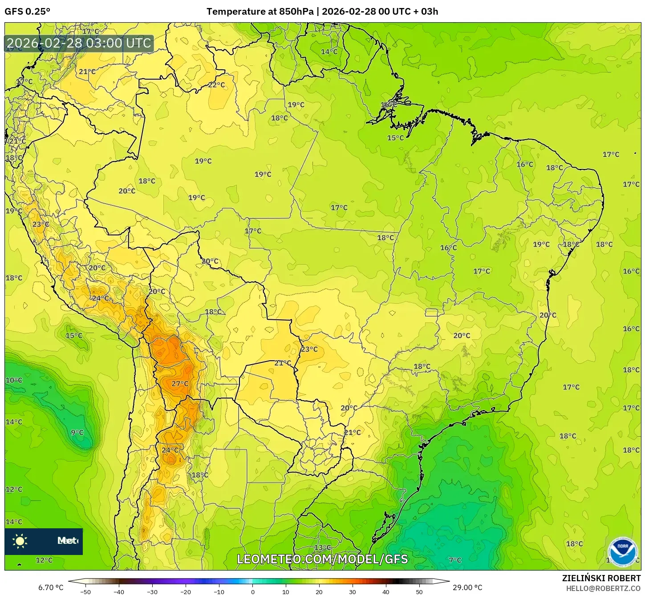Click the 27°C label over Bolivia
180,383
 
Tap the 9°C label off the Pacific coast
77,432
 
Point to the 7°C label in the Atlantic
455,560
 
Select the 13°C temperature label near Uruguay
322,547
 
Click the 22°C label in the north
216,85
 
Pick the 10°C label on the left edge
14,380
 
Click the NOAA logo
623,552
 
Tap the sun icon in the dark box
20,541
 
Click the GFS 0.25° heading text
28,12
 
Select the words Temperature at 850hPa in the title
260,12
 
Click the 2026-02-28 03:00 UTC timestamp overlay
79,43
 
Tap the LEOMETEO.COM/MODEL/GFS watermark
322,559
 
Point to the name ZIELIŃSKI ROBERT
601,578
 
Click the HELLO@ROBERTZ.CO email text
603,588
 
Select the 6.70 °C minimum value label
51,587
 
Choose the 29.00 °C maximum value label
467,587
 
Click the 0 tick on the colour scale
252,591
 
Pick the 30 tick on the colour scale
353,591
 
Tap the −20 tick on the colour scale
185,591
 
